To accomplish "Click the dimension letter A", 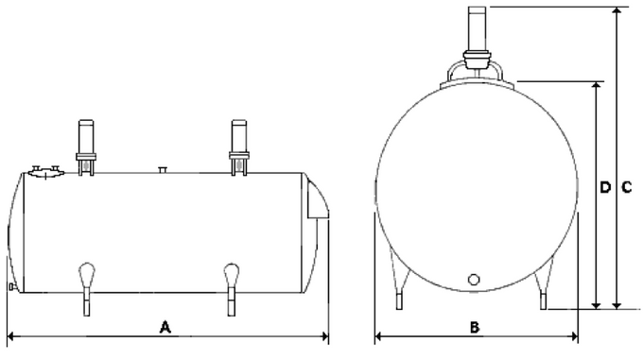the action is point(165,327).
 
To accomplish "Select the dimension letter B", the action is point(476,327).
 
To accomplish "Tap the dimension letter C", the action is point(626,187).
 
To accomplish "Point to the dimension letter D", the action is point(605,187).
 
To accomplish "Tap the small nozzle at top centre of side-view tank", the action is point(163,169).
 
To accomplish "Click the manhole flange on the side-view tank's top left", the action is point(44,171).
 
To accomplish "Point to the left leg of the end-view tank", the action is point(402,289).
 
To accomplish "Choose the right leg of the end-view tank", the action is point(543,289).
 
